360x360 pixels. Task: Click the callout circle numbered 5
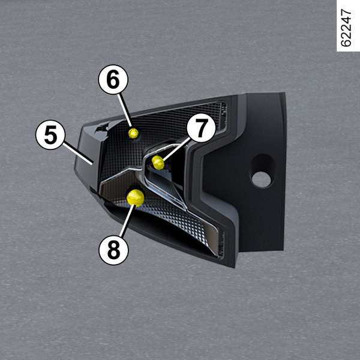[x=50, y=135]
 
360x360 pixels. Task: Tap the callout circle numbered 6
[x=113, y=79]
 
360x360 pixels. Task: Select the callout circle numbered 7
[x=202, y=128]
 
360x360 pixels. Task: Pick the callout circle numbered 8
[x=113, y=250]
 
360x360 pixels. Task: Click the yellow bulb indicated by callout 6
[x=133, y=133]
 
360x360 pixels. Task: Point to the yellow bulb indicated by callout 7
[x=158, y=163]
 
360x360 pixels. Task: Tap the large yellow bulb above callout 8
[x=136, y=197]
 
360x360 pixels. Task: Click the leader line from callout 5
[x=78, y=154]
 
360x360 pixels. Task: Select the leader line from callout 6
[x=125, y=110]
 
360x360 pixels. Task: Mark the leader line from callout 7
[x=176, y=149]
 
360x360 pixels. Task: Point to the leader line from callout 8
[x=127, y=221]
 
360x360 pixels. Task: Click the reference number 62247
[x=346, y=28]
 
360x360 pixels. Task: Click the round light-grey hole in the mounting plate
[x=261, y=179]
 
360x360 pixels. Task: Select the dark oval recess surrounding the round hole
[x=262, y=171]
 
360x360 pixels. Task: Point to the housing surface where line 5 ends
[x=92, y=164]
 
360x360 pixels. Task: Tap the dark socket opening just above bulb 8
[x=136, y=187]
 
